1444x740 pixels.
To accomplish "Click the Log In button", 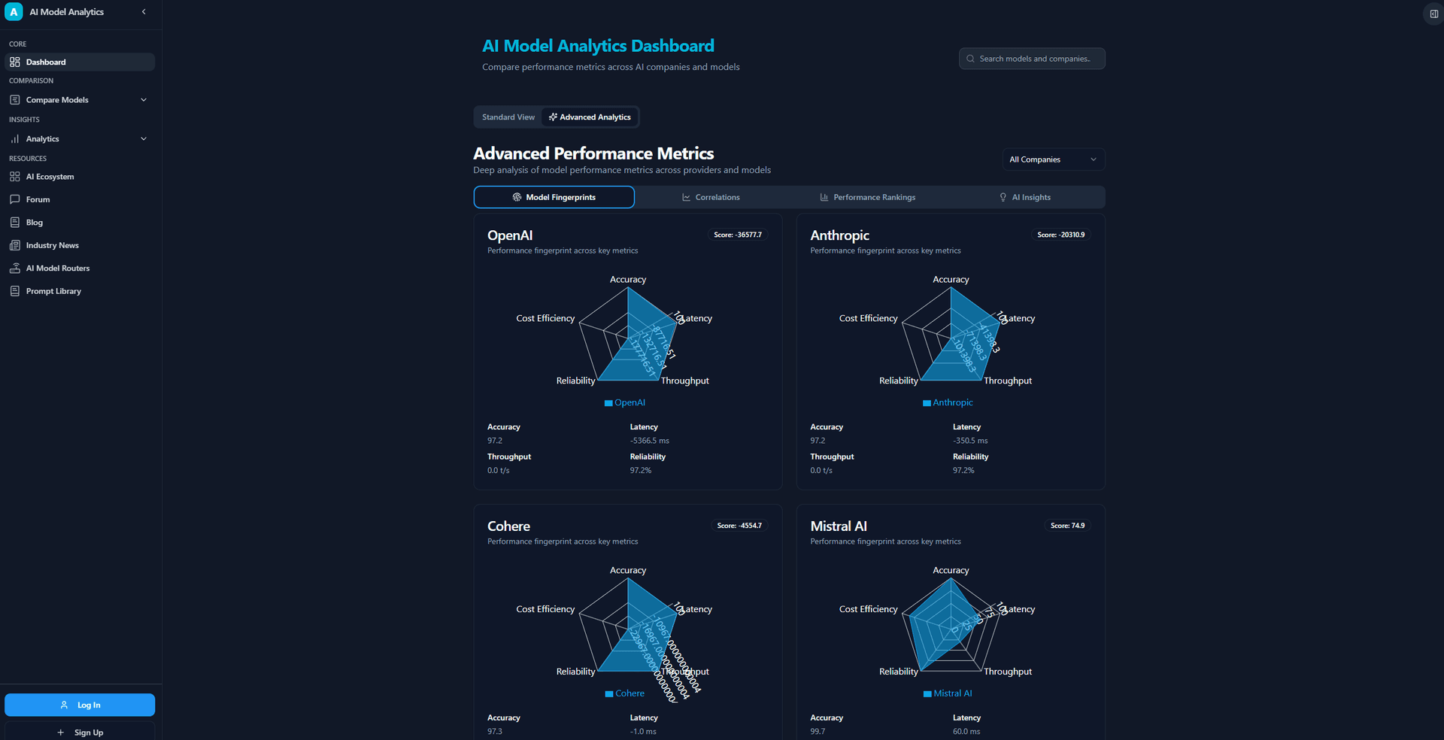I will click(x=80, y=705).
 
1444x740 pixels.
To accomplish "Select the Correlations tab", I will click(x=711, y=197).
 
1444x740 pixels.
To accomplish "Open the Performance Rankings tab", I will click(x=867, y=197).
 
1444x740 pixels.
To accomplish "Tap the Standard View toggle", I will click(x=508, y=117).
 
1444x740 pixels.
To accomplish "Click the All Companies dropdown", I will click(x=1053, y=159).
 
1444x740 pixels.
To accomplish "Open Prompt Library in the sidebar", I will click(x=53, y=291).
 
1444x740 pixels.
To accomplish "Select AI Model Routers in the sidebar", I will click(x=58, y=268).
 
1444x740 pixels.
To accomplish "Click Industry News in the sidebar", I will click(x=53, y=245).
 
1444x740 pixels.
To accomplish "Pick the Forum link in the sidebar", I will click(x=38, y=199).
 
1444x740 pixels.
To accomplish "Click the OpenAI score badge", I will click(x=737, y=235).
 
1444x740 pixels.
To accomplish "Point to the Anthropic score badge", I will click(x=1060, y=235).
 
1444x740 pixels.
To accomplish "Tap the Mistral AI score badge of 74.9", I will click(x=1067, y=526).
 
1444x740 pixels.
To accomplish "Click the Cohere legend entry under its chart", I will click(x=625, y=693).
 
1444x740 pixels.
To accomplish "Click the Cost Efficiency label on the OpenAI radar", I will click(x=545, y=319).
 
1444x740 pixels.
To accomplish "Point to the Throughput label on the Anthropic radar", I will click(x=1008, y=381).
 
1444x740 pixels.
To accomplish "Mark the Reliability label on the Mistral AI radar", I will click(x=898, y=672).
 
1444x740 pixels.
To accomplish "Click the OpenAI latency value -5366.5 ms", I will click(x=649, y=441).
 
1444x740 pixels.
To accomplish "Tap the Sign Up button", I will click(x=80, y=732).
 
